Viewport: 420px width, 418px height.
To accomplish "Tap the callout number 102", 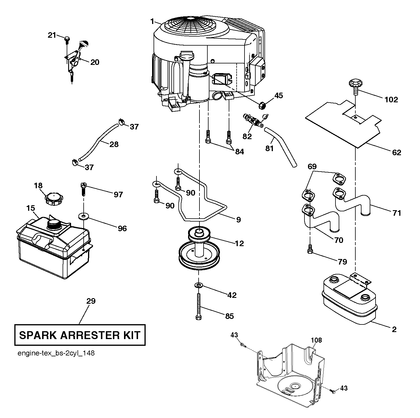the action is [x=391, y=100].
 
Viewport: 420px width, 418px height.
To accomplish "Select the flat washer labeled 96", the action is [x=83, y=216].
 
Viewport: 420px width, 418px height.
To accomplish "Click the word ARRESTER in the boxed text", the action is [x=89, y=335].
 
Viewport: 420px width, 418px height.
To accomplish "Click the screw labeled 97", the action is [x=83, y=189].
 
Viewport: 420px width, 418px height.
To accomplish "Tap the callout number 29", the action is [x=91, y=301].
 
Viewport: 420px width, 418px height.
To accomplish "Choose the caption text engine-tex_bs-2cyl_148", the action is [x=56, y=359].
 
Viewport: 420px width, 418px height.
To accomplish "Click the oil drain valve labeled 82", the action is [x=254, y=120].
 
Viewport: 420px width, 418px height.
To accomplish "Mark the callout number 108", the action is [x=316, y=340].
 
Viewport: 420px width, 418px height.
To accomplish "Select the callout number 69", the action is [x=312, y=167].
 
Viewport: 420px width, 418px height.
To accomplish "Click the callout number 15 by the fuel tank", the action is [x=30, y=208].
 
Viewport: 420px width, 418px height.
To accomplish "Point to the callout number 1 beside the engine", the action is [x=152, y=21].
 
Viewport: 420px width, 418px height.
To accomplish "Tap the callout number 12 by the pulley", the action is [x=239, y=243].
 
